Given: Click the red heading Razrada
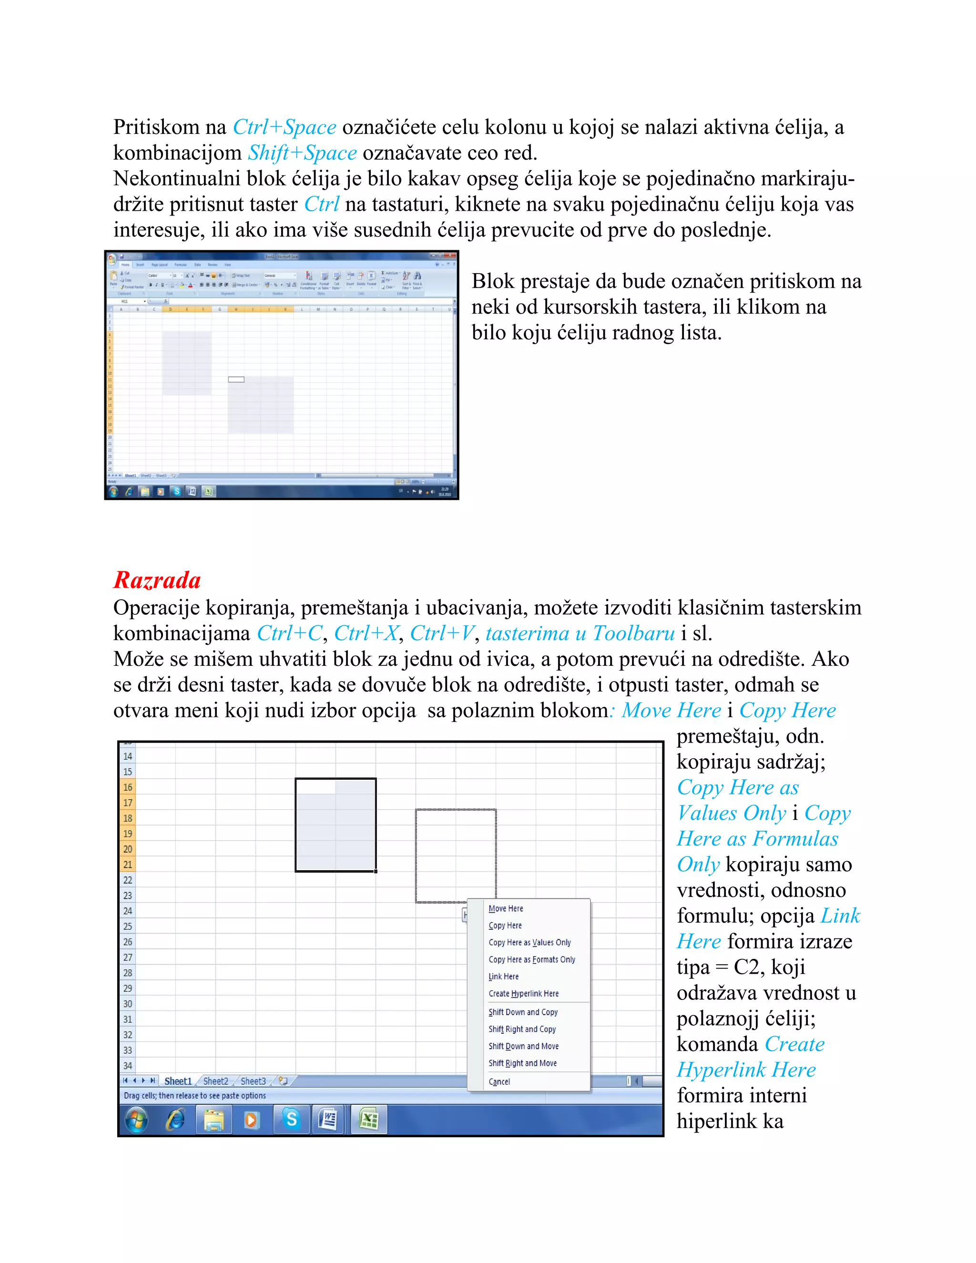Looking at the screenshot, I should coord(157,580).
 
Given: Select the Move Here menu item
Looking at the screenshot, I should coord(506,908).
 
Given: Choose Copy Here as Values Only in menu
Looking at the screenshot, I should coord(529,943).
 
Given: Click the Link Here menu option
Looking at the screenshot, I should coord(504,977).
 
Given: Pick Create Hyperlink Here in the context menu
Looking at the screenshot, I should coord(524,994).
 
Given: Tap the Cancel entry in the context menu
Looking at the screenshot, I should coord(499,1082).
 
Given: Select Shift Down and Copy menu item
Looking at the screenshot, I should coord(523,1012).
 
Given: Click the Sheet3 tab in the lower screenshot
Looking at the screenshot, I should coord(253,1081).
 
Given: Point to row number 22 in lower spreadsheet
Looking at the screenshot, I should coord(128,880).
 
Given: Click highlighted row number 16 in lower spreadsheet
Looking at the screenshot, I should coord(128,787).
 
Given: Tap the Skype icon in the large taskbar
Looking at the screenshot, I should coord(291,1120).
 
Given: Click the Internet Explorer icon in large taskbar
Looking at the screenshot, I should coord(175,1120).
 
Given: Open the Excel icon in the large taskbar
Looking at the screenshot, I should coord(369,1120).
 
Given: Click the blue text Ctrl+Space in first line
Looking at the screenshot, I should coord(285,127).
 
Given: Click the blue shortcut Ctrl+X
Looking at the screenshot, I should coord(366,633).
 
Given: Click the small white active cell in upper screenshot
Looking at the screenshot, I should coord(236,379).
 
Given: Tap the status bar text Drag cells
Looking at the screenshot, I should coord(194,1096).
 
